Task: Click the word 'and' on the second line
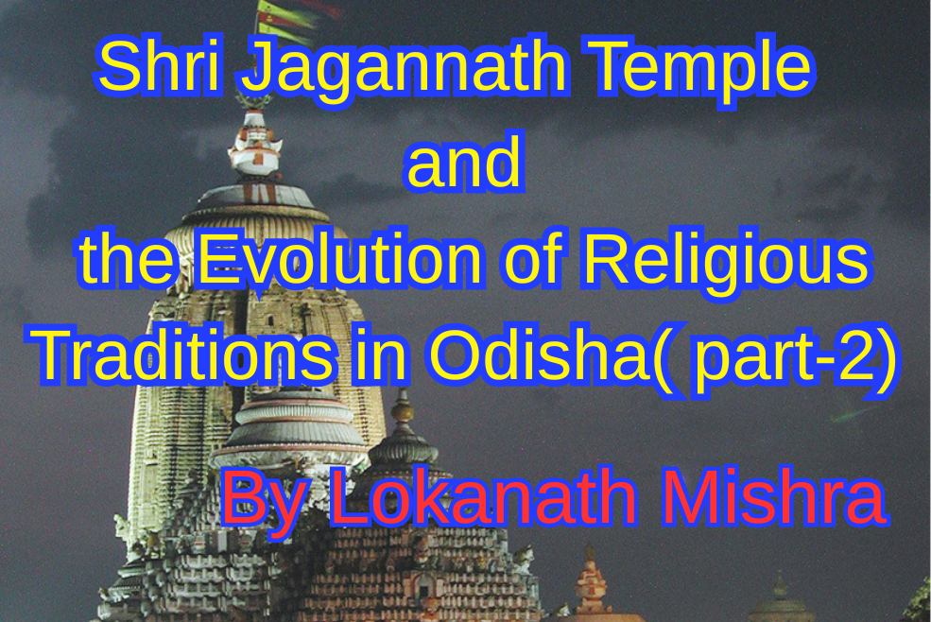coord(463,164)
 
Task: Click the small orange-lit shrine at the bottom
coord(594,586)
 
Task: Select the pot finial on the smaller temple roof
coord(403,416)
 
